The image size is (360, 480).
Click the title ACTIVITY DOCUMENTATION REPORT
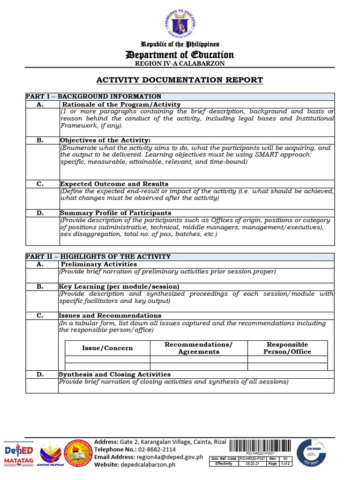[180, 80]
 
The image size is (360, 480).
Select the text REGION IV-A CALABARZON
[180, 63]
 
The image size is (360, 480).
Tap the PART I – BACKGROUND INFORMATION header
[93, 97]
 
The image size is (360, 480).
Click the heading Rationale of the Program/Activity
[121, 105]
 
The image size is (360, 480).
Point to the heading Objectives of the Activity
[105, 140]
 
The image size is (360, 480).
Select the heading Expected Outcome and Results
[114, 184]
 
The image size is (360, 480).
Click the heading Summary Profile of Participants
[115, 213]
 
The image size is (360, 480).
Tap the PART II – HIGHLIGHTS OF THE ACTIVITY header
[98, 257]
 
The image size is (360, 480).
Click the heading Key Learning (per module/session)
[119, 286]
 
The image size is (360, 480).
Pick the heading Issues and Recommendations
[110, 316]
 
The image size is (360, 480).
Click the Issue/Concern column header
[107, 348]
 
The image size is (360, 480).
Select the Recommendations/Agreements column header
[198, 348]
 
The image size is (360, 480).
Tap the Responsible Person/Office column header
[287, 348]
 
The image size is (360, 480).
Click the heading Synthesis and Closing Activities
[114, 375]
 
